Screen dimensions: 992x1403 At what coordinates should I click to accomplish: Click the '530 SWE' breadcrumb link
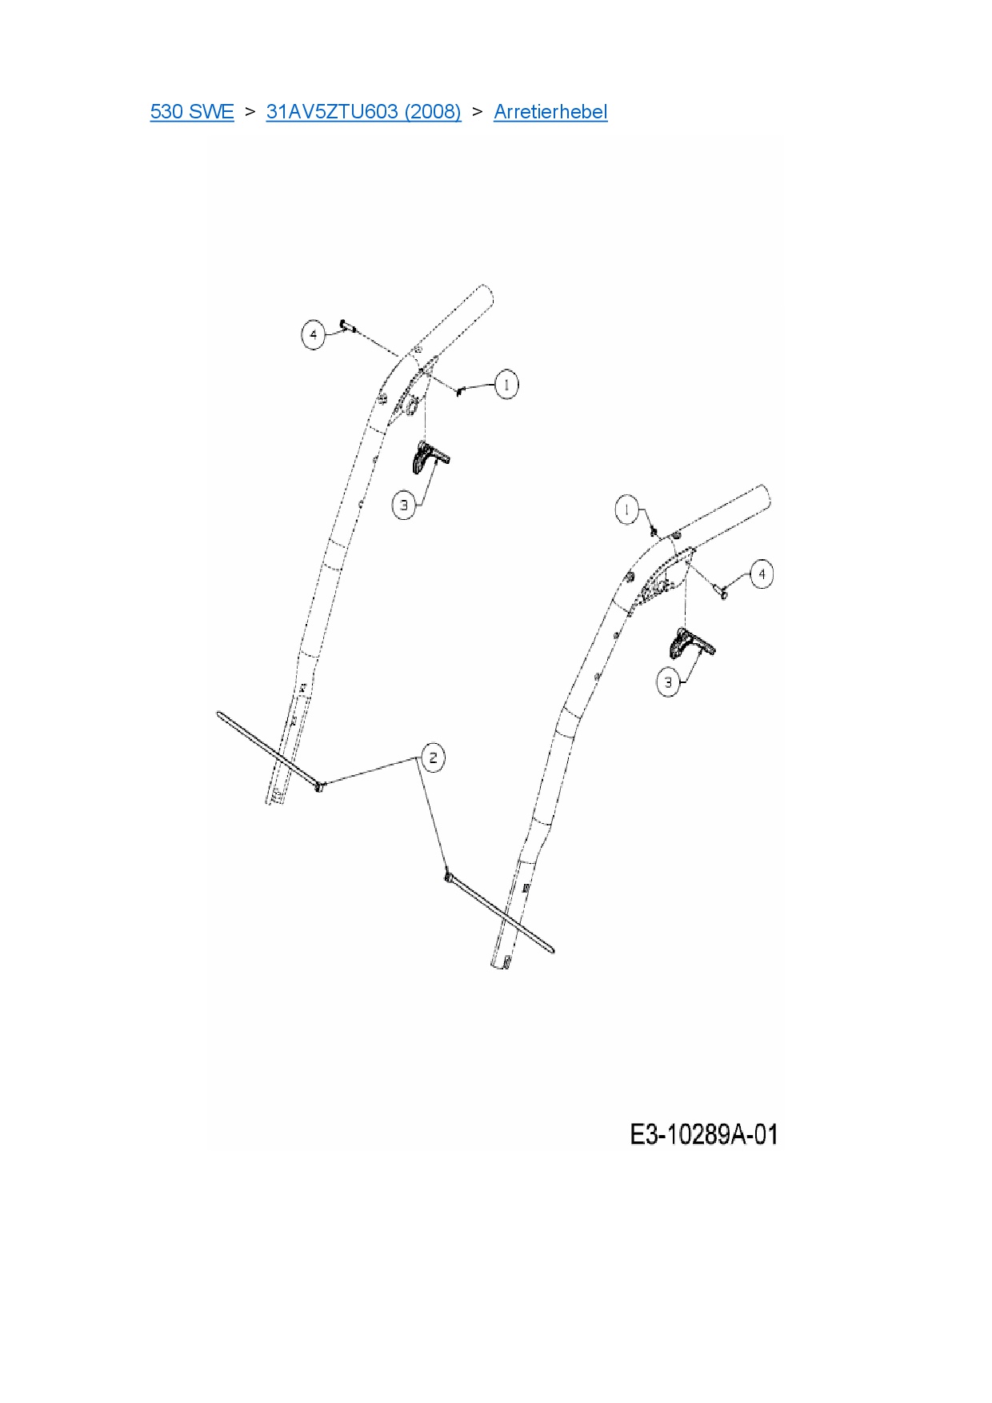[192, 112]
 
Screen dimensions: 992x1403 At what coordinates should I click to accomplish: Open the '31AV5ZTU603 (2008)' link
[363, 112]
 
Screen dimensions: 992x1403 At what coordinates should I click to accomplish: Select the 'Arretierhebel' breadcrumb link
[550, 112]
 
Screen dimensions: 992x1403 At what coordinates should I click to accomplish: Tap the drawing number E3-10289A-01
[703, 1134]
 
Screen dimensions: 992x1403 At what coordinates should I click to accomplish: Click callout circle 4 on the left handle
[314, 334]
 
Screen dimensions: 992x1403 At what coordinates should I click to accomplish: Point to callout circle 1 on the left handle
[506, 384]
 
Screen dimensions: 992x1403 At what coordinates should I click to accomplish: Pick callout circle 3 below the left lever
[405, 505]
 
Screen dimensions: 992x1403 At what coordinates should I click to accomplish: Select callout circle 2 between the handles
[433, 757]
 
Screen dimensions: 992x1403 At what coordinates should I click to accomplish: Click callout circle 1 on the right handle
[627, 510]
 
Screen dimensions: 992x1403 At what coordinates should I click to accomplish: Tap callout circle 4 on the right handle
[762, 574]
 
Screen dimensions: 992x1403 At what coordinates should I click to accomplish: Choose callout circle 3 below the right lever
[669, 682]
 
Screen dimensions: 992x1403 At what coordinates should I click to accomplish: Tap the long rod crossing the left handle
[268, 749]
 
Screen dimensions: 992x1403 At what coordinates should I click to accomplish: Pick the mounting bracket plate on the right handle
[664, 579]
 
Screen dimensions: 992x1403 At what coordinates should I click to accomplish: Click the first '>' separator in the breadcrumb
[250, 112]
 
